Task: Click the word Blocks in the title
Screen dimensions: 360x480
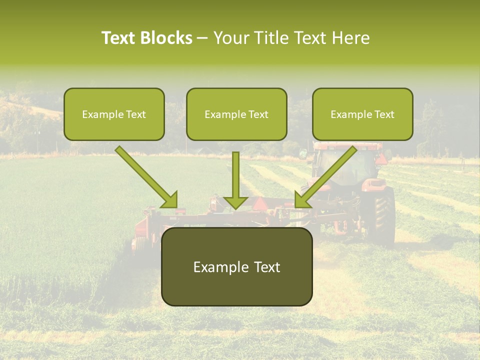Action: coord(167,38)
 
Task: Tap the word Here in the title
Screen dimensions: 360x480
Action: coord(351,38)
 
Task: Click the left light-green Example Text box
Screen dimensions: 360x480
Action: coord(114,114)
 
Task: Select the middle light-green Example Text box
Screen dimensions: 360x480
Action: coord(236,114)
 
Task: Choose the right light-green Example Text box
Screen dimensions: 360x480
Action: coord(362,114)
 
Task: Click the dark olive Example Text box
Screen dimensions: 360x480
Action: coord(236,266)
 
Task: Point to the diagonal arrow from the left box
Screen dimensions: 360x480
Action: coord(145,175)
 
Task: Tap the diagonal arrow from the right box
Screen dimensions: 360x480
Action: coord(327,175)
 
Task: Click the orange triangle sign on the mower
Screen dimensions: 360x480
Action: coord(259,203)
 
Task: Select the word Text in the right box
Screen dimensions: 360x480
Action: coord(384,114)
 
